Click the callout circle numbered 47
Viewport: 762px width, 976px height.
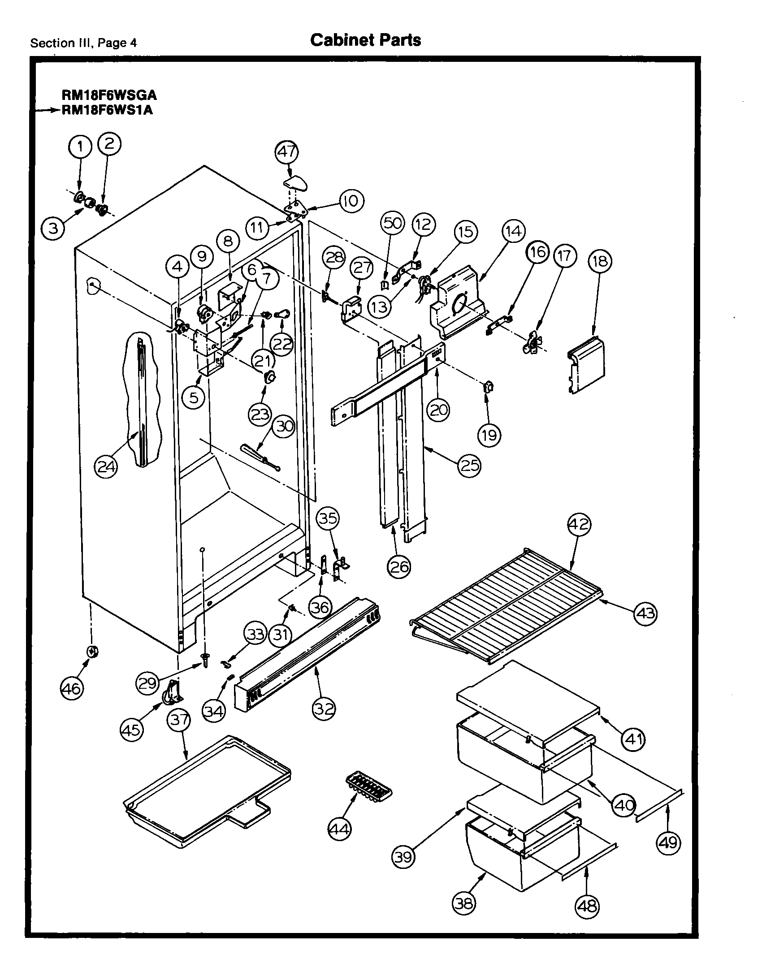tap(287, 151)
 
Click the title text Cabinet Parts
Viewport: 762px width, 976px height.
tap(365, 40)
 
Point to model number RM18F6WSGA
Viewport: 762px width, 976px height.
tap(109, 95)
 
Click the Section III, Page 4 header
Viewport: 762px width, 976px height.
tap(83, 43)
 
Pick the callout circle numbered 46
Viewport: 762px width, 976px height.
tap(72, 687)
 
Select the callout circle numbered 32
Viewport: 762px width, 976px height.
tap(324, 708)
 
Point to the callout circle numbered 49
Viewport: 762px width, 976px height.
tap(668, 843)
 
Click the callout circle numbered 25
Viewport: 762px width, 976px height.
tap(469, 466)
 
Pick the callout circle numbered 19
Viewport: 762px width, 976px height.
tap(489, 434)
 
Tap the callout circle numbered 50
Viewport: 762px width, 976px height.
tap(393, 223)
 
